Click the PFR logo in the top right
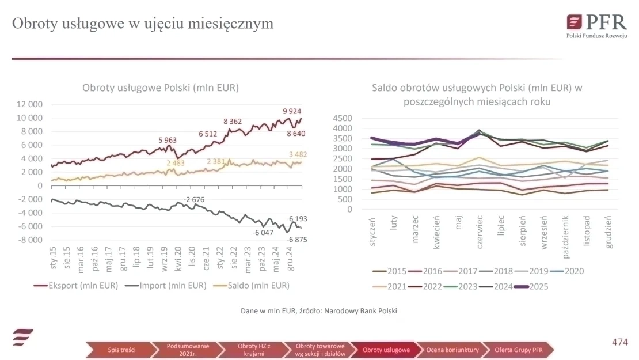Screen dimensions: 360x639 [x=596, y=24]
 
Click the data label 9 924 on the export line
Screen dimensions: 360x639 [x=292, y=111]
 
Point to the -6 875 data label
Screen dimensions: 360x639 [x=296, y=240]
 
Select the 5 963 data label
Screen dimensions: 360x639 [x=168, y=140]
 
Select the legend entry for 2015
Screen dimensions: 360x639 [x=390, y=270]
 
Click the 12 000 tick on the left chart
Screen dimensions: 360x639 [x=30, y=104]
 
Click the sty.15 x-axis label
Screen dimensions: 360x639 [x=53, y=257]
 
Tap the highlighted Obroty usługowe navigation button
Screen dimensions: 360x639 [x=386, y=350]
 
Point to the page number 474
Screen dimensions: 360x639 [x=619, y=342]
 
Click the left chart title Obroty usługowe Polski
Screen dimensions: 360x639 [x=160, y=88]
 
